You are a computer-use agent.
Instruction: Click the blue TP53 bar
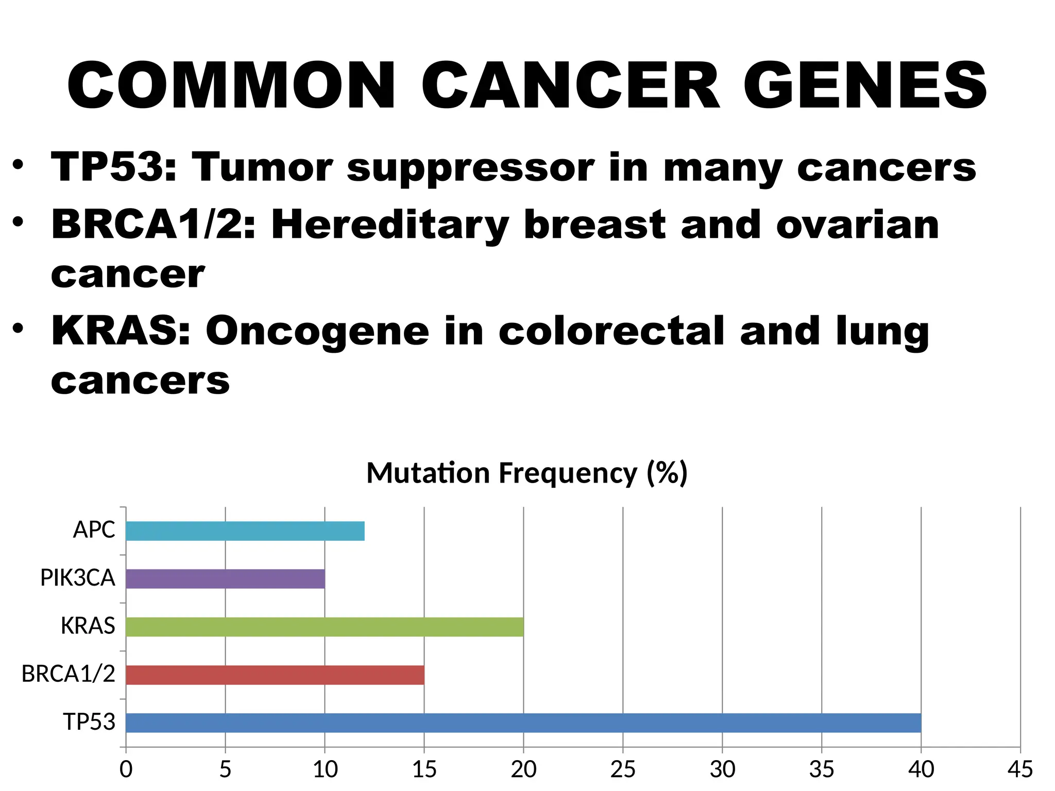pos(523,723)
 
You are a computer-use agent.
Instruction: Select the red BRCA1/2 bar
pos(275,675)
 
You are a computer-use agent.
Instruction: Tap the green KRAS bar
pos(325,627)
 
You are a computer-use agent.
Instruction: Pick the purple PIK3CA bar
pos(225,579)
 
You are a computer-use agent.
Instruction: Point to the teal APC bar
pos(245,531)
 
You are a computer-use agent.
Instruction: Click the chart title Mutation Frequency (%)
pos(526,473)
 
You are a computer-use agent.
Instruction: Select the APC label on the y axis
pos(94,530)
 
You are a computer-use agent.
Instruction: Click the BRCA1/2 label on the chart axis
pos(68,674)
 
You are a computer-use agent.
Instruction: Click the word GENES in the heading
pos(865,86)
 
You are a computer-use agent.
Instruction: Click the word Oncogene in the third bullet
pos(317,332)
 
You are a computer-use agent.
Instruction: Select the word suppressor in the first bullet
pos(470,168)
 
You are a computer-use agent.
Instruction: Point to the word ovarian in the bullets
pos(857,226)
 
